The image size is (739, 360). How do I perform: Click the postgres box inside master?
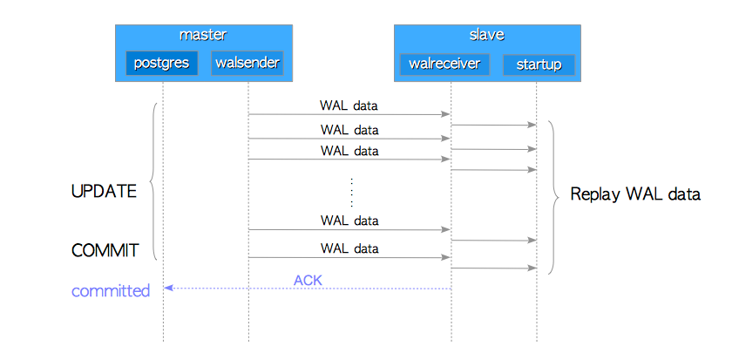[x=162, y=63]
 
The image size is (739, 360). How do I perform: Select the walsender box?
[x=247, y=63]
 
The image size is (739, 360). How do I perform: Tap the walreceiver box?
[x=444, y=65]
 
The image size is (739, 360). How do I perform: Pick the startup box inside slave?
[x=539, y=65]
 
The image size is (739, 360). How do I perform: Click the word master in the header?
[x=203, y=35]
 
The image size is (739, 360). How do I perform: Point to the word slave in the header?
[x=487, y=35]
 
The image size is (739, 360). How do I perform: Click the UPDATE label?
[x=104, y=192]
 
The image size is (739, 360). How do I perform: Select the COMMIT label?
[x=105, y=250]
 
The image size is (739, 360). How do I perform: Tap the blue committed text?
[x=111, y=291]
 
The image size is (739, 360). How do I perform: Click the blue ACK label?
[x=308, y=281]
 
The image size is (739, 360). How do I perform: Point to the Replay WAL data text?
[x=635, y=194]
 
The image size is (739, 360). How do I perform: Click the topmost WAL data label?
[x=349, y=105]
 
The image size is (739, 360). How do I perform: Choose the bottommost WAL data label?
[x=349, y=248]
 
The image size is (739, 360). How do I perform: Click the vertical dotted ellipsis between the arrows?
[x=351, y=193]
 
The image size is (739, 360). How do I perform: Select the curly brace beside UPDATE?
[x=152, y=181]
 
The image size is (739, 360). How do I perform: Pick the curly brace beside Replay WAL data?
[x=553, y=198]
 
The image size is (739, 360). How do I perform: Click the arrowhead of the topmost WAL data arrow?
[x=446, y=114]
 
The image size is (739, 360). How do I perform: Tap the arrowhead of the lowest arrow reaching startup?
[x=532, y=268]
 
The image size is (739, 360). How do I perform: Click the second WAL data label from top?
[x=349, y=129]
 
